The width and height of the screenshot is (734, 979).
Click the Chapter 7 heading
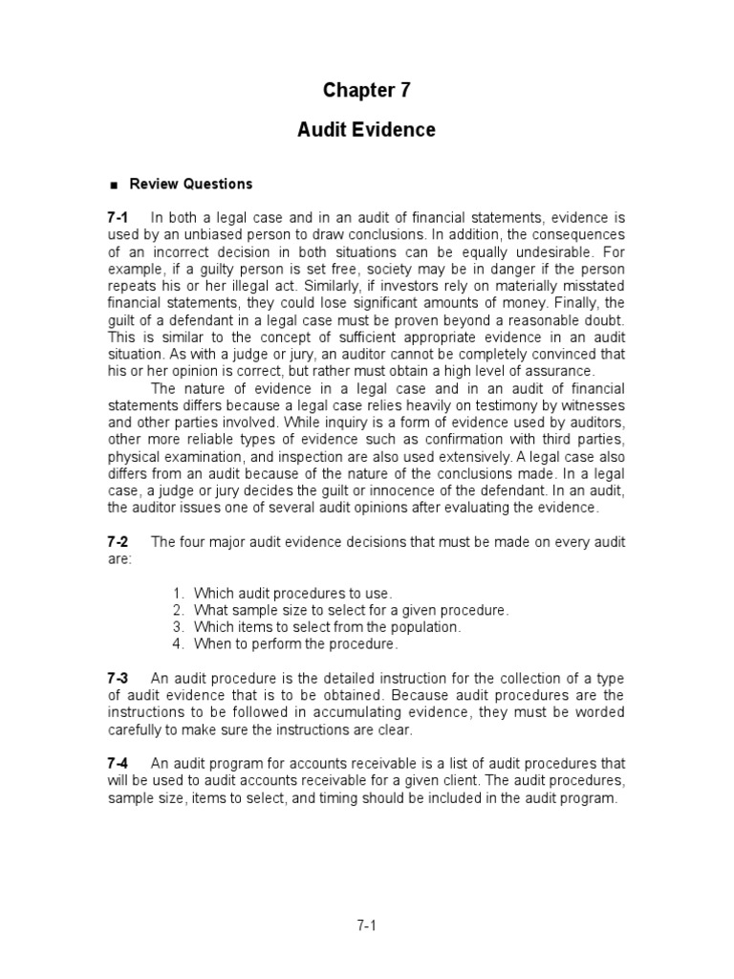click(366, 90)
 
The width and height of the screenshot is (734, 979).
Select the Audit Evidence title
click(366, 130)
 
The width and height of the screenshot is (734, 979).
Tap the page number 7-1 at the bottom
click(367, 925)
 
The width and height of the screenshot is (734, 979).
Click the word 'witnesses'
click(592, 405)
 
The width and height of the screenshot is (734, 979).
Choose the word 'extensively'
click(460, 457)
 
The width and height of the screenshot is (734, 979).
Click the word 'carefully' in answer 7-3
click(138, 729)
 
